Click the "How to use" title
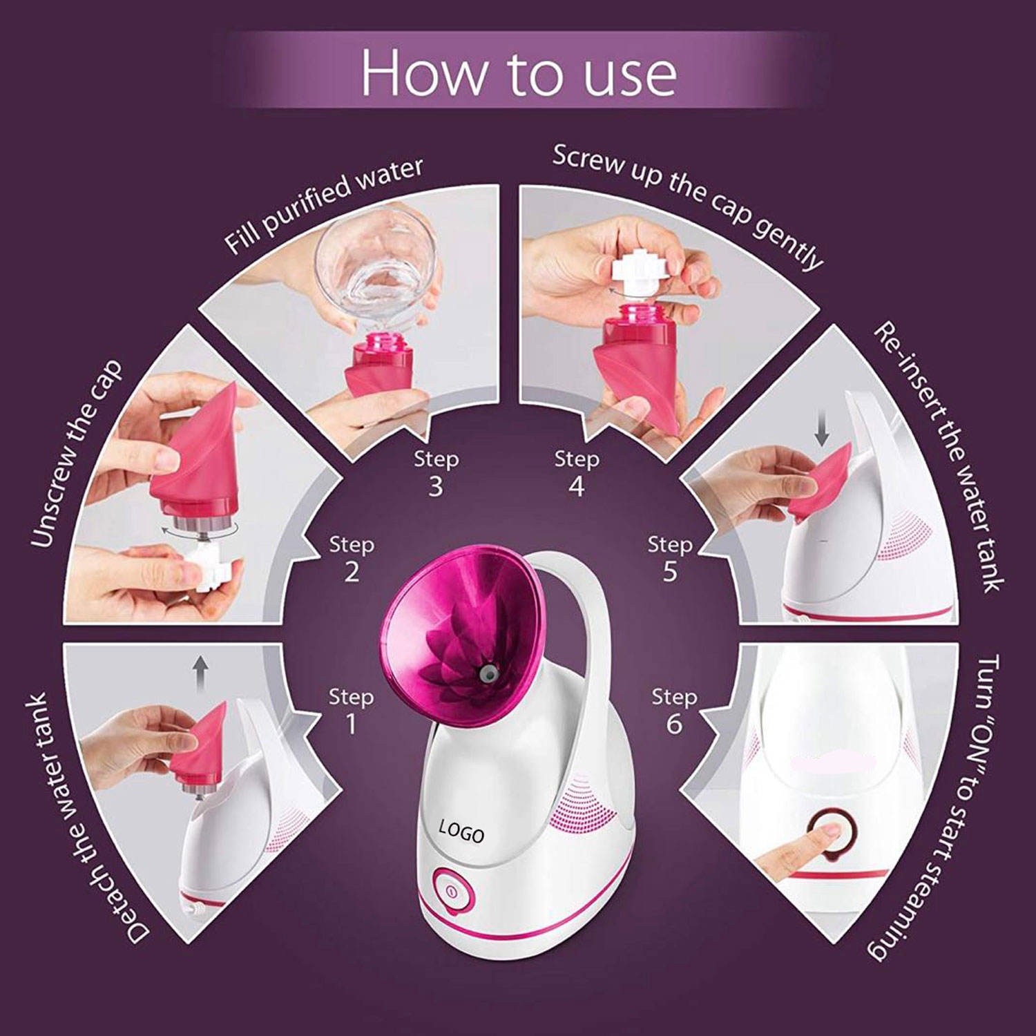click(x=519, y=73)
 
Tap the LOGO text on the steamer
click(x=461, y=831)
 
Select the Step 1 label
click(x=351, y=710)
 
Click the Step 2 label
click(x=352, y=558)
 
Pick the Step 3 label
click(x=436, y=473)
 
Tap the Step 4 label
click(x=577, y=473)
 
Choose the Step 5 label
click(x=669, y=558)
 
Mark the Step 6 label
click(x=674, y=710)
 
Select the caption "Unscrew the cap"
click(x=76, y=454)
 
